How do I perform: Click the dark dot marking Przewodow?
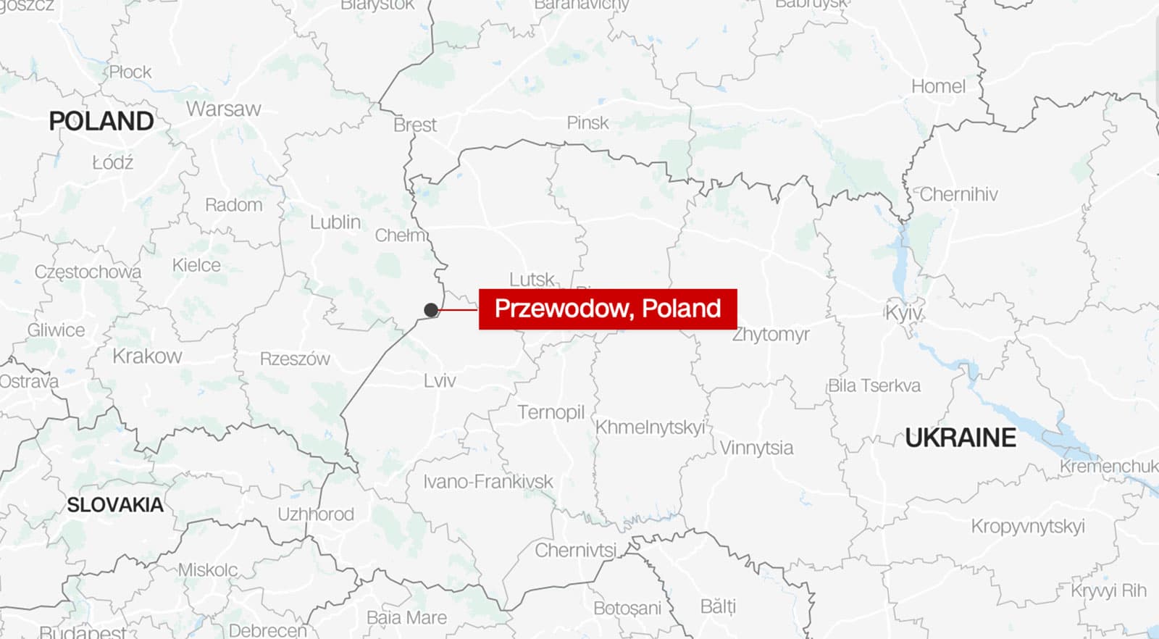(x=431, y=310)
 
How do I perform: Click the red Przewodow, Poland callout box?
(x=608, y=309)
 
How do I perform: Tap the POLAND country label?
(x=101, y=121)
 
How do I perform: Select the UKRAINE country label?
(x=961, y=438)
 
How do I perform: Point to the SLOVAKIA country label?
(x=115, y=505)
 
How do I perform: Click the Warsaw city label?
(x=223, y=109)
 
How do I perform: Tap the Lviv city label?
(x=440, y=380)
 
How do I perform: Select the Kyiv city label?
(x=903, y=313)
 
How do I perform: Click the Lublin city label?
(x=335, y=222)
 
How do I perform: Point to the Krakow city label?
(x=147, y=356)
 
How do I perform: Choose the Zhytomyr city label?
(x=771, y=335)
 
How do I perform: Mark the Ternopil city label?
(x=551, y=412)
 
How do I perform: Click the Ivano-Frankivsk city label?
(x=488, y=482)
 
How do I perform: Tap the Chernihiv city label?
(x=958, y=194)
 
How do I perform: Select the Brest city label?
(x=415, y=125)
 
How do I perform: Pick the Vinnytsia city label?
(x=756, y=448)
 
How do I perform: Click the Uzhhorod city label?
(x=316, y=514)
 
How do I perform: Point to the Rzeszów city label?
(x=295, y=359)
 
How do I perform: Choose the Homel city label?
(x=938, y=87)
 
